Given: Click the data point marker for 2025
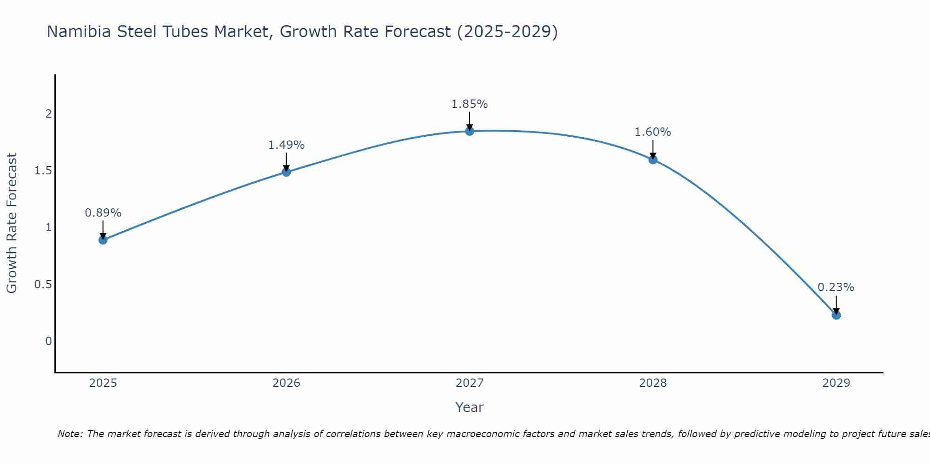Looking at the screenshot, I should point(103,240).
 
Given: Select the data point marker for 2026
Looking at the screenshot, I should point(286,172).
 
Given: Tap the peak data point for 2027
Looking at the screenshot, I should point(470,131).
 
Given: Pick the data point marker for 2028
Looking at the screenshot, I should point(653,159).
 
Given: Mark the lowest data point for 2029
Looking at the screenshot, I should point(836,315).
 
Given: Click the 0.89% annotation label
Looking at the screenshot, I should point(103,213).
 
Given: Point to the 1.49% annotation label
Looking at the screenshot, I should point(286,145).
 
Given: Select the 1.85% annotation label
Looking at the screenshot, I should point(470,104).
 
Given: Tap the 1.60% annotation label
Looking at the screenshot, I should point(653,132).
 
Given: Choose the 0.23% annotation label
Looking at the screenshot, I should point(836,287).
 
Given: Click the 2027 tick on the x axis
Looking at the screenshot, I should point(470,383).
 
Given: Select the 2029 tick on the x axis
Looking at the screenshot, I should point(836,383).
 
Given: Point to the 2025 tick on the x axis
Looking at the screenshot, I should point(103,383).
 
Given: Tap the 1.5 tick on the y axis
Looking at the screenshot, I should point(43,171).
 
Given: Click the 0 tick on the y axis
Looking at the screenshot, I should point(48,341).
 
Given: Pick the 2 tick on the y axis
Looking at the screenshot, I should point(48,114).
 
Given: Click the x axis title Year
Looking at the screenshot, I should point(470,407).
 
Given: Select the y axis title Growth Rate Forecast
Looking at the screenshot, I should point(12,223).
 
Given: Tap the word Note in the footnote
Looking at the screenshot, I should point(70,434).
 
